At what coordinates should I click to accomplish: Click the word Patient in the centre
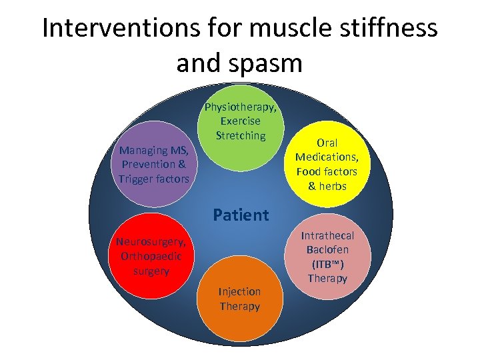click(x=241, y=215)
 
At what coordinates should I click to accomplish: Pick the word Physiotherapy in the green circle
click(x=241, y=107)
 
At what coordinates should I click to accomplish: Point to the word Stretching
click(x=241, y=135)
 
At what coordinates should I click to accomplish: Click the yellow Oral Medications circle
click(x=327, y=163)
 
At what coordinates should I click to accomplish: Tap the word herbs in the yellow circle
click(x=332, y=186)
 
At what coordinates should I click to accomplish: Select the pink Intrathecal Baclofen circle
click(x=327, y=257)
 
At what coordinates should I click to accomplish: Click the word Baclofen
click(x=327, y=249)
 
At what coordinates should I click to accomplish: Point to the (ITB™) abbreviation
click(x=327, y=264)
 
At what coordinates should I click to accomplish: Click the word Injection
click(x=240, y=292)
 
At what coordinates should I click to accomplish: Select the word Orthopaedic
click(x=151, y=256)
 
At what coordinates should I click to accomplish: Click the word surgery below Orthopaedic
click(x=151, y=271)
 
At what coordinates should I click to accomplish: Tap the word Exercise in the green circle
click(x=241, y=121)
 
